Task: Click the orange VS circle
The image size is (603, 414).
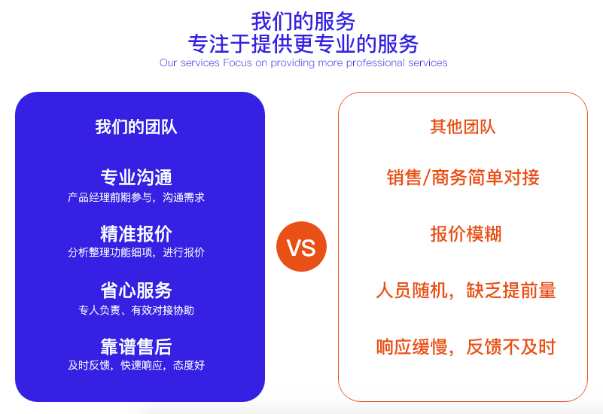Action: (301, 246)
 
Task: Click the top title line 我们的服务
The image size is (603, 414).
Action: (303, 21)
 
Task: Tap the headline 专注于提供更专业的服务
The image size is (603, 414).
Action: (303, 44)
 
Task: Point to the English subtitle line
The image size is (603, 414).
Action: (303, 62)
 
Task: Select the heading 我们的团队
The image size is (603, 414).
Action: (136, 127)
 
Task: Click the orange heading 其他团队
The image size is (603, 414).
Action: (463, 127)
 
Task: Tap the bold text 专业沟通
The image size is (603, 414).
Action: (136, 178)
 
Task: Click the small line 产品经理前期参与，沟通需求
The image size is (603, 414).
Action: (136, 197)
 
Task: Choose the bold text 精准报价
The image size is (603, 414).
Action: (136, 233)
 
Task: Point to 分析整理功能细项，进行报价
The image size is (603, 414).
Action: (136, 253)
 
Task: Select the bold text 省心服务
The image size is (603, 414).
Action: (136, 291)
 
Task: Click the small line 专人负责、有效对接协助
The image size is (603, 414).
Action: (136, 310)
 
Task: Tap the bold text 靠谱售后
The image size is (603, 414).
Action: (136, 347)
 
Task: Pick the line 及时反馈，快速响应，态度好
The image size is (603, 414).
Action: (136, 365)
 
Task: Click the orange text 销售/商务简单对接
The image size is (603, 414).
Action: (463, 178)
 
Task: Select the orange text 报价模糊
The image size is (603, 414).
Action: (466, 233)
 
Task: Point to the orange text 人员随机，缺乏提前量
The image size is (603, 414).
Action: (466, 291)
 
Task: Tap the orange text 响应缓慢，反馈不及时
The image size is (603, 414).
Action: (466, 347)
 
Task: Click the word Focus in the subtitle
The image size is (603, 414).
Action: (237, 62)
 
